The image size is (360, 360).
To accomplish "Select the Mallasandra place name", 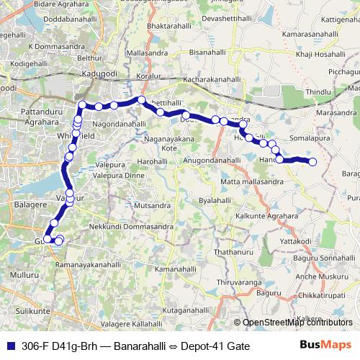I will pos(145,53).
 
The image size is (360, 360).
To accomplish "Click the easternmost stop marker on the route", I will pos(312,162).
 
